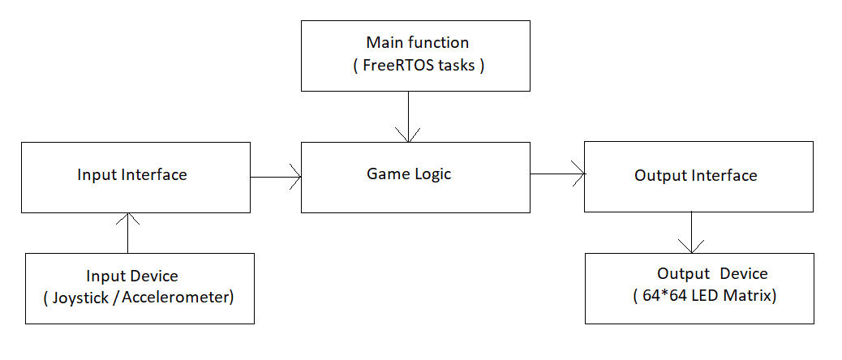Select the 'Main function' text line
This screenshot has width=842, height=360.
click(417, 42)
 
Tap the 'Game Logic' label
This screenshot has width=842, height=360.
click(409, 174)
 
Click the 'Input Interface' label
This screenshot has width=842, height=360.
click(132, 174)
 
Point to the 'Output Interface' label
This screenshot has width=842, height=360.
click(696, 175)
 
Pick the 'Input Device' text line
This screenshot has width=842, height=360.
click(132, 276)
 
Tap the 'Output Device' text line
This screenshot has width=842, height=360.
click(712, 273)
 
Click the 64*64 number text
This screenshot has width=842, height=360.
click(659, 296)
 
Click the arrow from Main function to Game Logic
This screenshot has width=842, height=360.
click(408, 117)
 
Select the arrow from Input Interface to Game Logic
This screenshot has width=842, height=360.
click(276, 177)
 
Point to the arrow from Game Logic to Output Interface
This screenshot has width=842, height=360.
click(558, 174)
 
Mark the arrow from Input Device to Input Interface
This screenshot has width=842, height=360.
click(128, 233)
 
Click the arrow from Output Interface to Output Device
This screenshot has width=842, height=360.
click(691, 232)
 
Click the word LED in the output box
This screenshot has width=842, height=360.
click(695, 296)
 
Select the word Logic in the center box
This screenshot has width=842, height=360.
click(433, 174)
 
